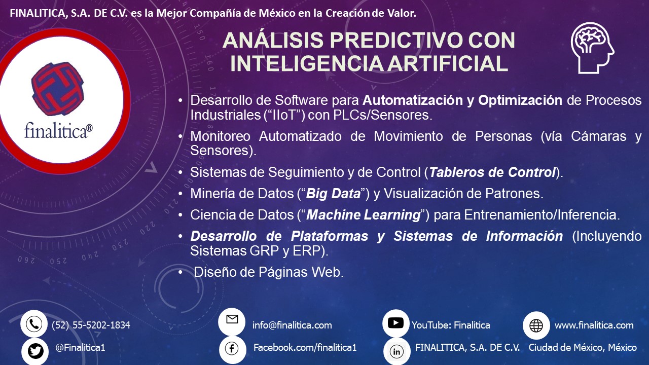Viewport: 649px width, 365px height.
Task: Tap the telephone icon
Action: [34, 324]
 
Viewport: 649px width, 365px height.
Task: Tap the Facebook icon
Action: [232, 348]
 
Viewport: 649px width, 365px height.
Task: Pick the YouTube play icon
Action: [395, 323]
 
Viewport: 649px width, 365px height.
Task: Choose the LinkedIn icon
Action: [396, 351]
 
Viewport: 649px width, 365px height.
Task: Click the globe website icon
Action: [536, 325]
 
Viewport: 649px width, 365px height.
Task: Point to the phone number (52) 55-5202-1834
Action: [91, 325]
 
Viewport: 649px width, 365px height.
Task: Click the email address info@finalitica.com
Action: [292, 325]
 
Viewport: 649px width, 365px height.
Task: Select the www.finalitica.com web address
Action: [594, 325]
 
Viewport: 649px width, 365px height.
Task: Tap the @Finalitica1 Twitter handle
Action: [80, 347]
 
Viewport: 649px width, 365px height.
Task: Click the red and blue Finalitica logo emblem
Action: [58, 89]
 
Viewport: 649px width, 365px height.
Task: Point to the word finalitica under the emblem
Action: [58, 131]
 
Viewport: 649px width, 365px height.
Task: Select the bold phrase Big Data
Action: [333, 194]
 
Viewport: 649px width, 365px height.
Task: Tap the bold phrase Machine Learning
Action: [364, 215]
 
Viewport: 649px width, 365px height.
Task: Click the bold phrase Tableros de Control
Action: [492, 172]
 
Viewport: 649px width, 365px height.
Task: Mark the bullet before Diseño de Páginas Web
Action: [181, 272]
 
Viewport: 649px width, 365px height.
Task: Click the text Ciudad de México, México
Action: [583, 347]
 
